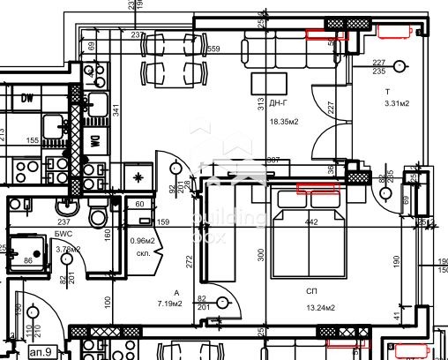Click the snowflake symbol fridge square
(139, 177)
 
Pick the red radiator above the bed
(317, 187)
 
